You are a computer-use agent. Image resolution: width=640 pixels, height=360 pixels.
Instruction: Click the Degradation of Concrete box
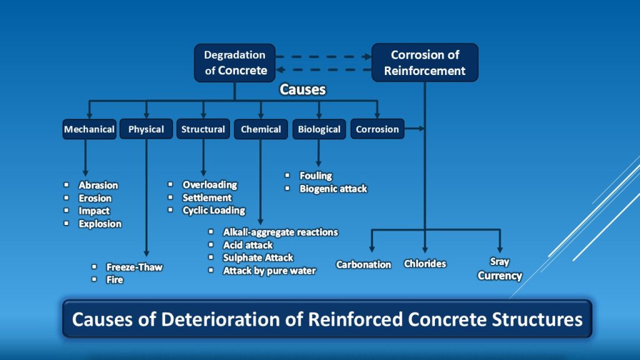coord(235,62)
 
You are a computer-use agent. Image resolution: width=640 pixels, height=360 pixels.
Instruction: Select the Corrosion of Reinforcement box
coord(425,62)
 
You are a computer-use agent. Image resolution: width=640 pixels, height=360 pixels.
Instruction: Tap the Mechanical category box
coord(89,129)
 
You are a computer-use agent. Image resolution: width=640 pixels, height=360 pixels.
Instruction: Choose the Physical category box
coord(146,129)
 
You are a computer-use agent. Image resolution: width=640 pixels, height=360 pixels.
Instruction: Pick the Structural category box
coord(203,129)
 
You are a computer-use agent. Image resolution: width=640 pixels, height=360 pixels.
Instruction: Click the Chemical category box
coord(261,129)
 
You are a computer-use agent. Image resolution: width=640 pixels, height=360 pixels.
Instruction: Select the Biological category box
coord(319,129)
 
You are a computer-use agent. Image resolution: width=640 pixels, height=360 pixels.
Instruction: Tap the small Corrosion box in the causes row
coord(377,129)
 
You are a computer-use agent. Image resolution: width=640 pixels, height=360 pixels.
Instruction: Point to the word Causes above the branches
coord(302,89)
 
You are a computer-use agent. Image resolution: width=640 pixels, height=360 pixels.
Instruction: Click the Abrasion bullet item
coord(98,185)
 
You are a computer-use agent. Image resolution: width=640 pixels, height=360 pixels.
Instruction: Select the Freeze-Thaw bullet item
coord(134,267)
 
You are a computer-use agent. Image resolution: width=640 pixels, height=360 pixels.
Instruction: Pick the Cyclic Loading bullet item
coord(214,211)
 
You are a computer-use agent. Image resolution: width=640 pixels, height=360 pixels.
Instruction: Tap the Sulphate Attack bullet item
coord(258,257)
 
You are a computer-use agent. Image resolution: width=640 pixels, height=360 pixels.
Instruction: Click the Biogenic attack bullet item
coord(333,189)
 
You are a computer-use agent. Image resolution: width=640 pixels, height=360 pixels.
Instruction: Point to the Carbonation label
coord(364,264)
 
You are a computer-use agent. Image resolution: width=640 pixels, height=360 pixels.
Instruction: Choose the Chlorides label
coord(425,264)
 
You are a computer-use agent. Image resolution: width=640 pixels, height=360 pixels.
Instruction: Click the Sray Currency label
coord(499,269)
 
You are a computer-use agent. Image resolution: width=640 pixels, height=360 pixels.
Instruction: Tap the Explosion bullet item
coord(100,224)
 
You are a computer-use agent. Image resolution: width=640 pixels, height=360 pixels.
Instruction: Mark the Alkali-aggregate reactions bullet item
coord(281,232)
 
